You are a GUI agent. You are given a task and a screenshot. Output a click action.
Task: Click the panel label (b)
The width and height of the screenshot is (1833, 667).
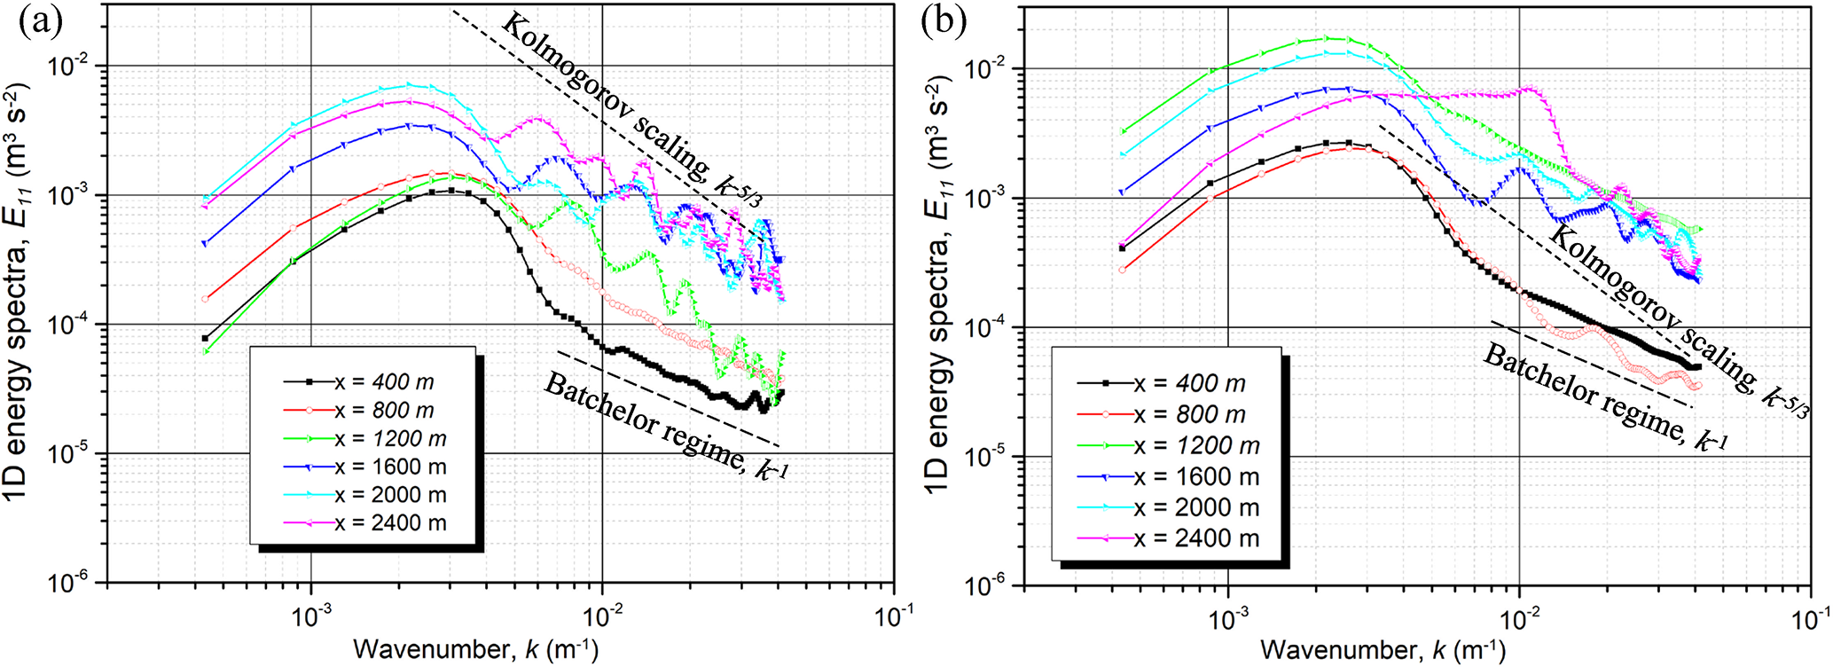(x=944, y=20)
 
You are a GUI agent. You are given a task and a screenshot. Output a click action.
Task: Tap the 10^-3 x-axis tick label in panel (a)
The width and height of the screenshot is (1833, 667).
(x=311, y=618)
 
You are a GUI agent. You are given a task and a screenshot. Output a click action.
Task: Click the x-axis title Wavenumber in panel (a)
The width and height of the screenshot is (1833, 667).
(x=475, y=650)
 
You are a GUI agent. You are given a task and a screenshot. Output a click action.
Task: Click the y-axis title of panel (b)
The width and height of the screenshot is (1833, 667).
(x=938, y=293)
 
